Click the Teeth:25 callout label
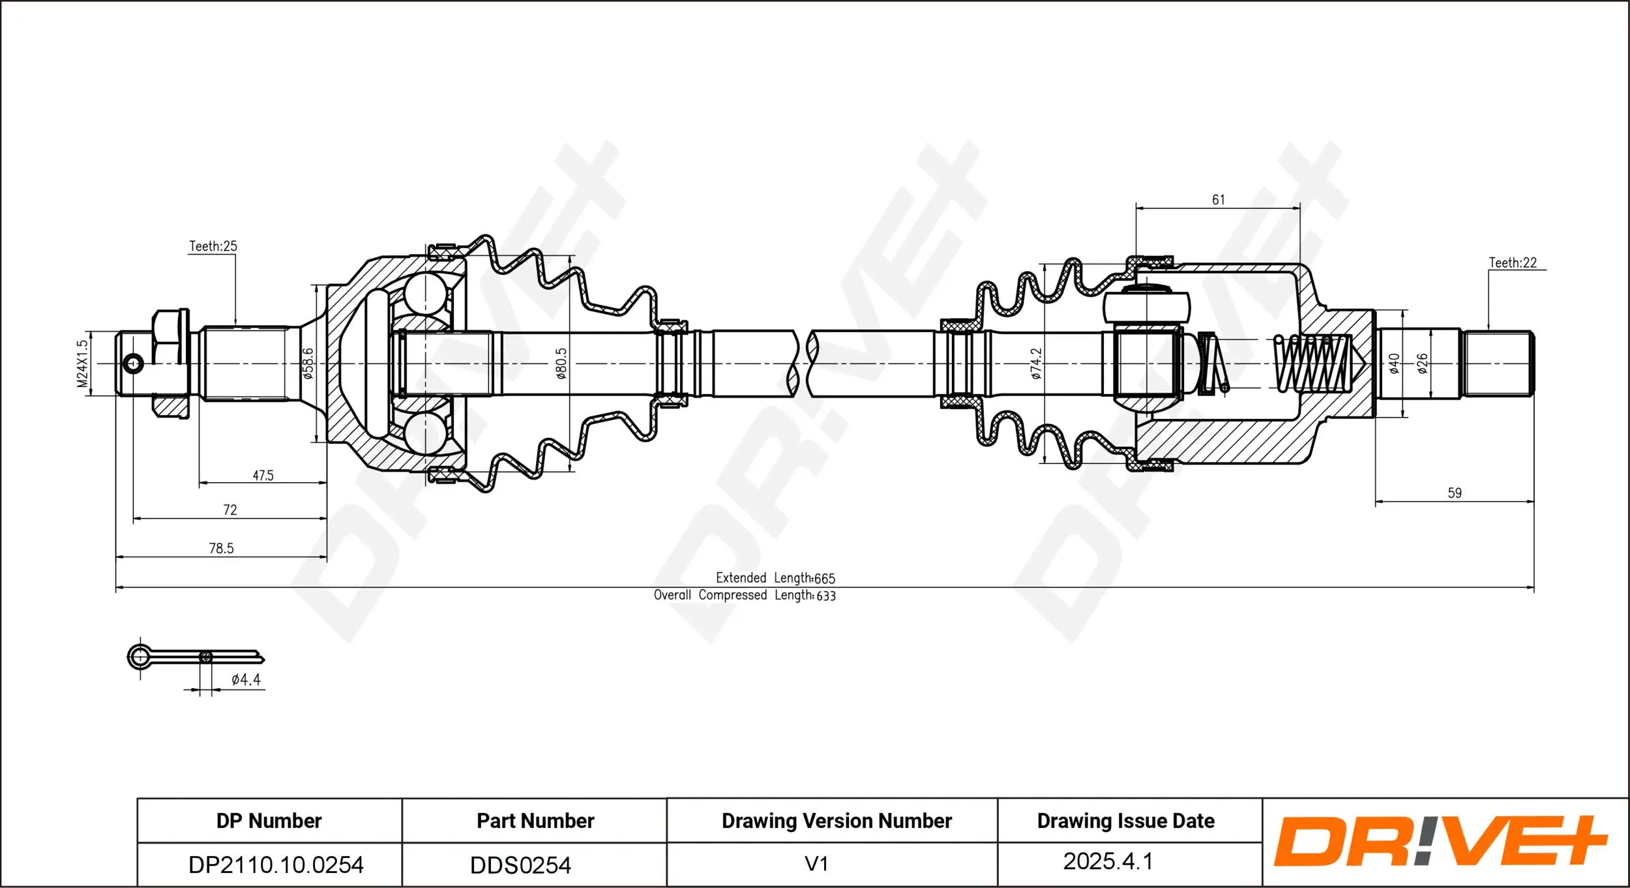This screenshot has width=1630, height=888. pos(213,246)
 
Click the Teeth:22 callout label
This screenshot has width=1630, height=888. pos(1512,263)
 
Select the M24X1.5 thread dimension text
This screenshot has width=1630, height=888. pos(82,364)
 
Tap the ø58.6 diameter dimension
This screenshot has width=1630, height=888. pos(308,363)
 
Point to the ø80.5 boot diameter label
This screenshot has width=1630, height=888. pos(561,363)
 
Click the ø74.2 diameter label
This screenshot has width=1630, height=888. pos(1036,363)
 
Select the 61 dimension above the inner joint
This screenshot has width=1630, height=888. pos(1218,200)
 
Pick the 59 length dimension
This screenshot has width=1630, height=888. pos(1454,493)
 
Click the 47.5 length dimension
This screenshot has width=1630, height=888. pos(263,476)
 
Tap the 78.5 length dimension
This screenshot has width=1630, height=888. pos(221,549)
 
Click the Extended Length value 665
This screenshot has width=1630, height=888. pos(824,579)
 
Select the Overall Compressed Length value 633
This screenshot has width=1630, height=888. pos(825,595)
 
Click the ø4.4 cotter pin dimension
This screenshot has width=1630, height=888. pos(246,680)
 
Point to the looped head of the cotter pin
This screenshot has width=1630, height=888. pos(140,657)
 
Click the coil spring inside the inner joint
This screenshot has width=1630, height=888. pos(1312,364)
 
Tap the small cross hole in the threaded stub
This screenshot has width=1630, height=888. pos(133,364)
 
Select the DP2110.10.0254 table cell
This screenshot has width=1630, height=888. pos(275,865)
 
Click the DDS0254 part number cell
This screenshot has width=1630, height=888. pos(520,865)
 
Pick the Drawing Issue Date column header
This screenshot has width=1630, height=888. pos(1125,821)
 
